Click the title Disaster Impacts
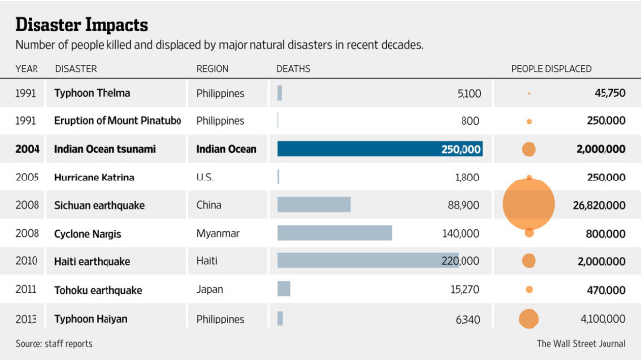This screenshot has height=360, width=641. coord(81,25)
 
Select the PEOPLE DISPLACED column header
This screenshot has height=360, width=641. coord(551,69)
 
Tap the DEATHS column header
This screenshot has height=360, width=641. coord(293,69)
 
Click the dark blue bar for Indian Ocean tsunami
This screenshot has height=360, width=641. coord(381,149)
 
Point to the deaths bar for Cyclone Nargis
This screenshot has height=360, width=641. coord(335,233)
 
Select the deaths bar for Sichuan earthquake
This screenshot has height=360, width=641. coord(314,204)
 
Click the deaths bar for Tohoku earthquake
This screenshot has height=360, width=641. coord(284,289)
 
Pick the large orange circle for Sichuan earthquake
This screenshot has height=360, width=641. coord(529,204)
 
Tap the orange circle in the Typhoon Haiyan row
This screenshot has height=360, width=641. coord(529,319)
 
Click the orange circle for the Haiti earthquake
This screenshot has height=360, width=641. coord(529,261)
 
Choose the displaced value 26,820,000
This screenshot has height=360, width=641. coord(599,205)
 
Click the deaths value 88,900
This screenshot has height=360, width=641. coord(463,205)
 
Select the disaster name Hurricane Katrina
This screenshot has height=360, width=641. coord(95,178)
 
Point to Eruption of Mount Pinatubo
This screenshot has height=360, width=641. coord(117,120)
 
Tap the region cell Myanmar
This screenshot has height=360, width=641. coord(218,233)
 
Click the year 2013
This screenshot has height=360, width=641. coord(26,319)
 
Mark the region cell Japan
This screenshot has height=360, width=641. coord(210,290)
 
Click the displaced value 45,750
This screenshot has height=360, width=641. coord(609,93)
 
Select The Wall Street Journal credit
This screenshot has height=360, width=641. coord(581,343)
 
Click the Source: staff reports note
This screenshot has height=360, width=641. coord(53,343)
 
